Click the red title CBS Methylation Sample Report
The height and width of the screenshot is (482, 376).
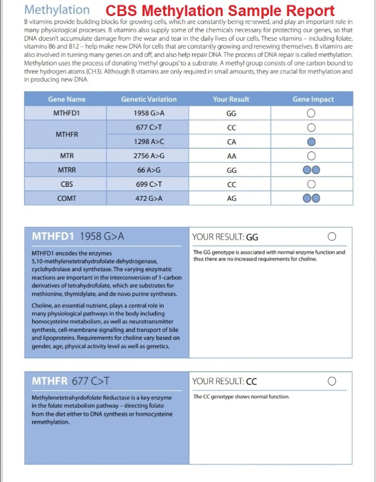click(x=220, y=11)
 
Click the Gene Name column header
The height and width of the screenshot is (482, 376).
click(x=67, y=99)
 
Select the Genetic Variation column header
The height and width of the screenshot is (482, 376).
click(x=149, y=99)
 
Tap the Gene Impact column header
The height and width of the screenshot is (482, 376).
click(x=312, y=99)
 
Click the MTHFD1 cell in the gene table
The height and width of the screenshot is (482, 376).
click(x=67, y=113)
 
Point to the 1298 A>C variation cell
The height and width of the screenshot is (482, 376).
click(x=149, y=141)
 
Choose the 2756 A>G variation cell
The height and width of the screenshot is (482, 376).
click(x=149, y=155)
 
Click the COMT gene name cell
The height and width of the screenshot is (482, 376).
click(x=67, y=198)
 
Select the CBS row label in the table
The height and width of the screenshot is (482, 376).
click(x=67, y=184)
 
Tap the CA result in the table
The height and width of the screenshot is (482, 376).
click(x=231, y=141)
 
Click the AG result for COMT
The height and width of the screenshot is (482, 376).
click(x=231, y=198)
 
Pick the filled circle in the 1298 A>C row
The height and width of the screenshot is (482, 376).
click(x=310, y=141)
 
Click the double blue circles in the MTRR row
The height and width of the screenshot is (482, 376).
click(x=311, y=170)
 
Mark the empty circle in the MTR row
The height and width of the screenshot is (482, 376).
click(x=310, y=156)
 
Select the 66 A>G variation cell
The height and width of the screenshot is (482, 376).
click(x=149, y=170)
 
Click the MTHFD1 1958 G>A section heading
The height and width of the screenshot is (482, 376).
click(x=78, y=236)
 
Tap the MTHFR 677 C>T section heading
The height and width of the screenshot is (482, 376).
click(x=71, y=381)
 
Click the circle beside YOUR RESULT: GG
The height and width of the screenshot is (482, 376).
click(x=332, y=236)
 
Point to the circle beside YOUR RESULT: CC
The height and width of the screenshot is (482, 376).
click(x=332, y=381)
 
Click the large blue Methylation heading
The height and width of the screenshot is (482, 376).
click(x=56, y=9)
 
